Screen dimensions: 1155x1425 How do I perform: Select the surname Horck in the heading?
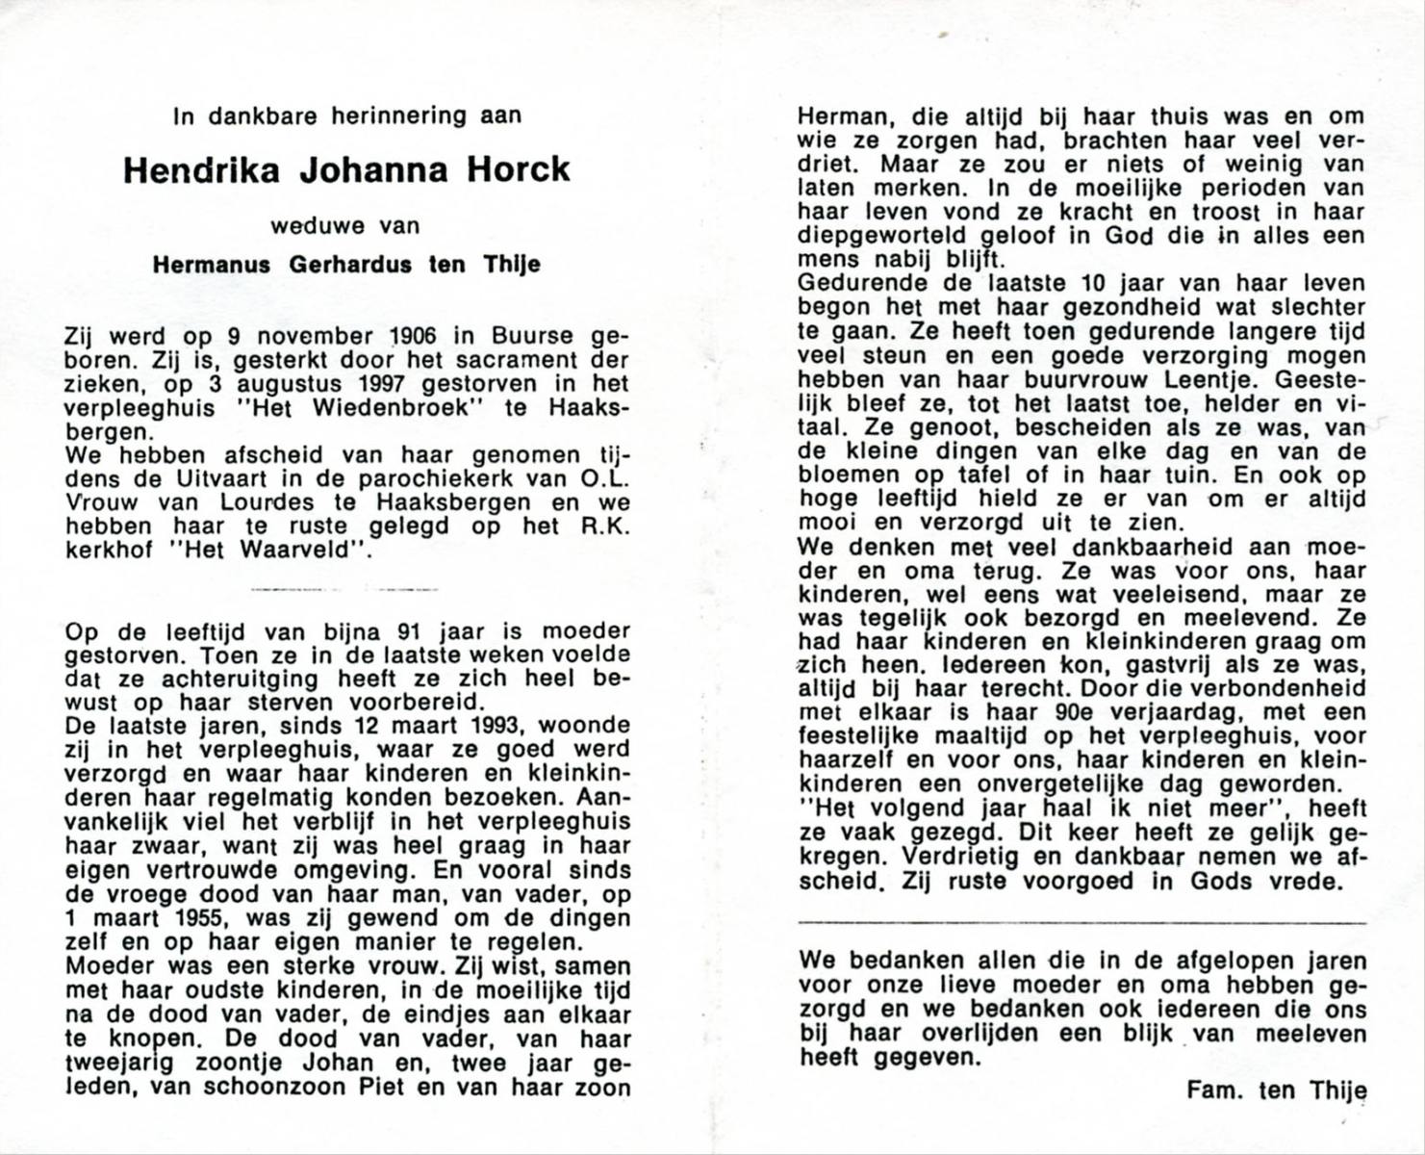(520, 170)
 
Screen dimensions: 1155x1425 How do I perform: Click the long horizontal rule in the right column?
(1081, 923)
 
